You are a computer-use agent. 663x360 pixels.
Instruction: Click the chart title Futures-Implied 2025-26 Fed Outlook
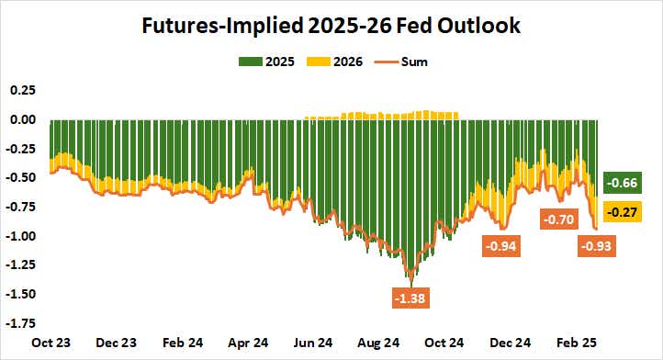[331, 26]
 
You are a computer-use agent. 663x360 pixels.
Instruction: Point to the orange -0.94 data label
[502, 246]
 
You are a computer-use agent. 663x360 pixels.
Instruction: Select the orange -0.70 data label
[558, 219]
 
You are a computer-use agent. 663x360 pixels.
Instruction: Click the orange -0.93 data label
[597, 246]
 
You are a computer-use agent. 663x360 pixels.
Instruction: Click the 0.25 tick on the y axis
[23, 90]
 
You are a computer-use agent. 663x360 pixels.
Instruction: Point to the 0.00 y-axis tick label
[23, 119]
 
